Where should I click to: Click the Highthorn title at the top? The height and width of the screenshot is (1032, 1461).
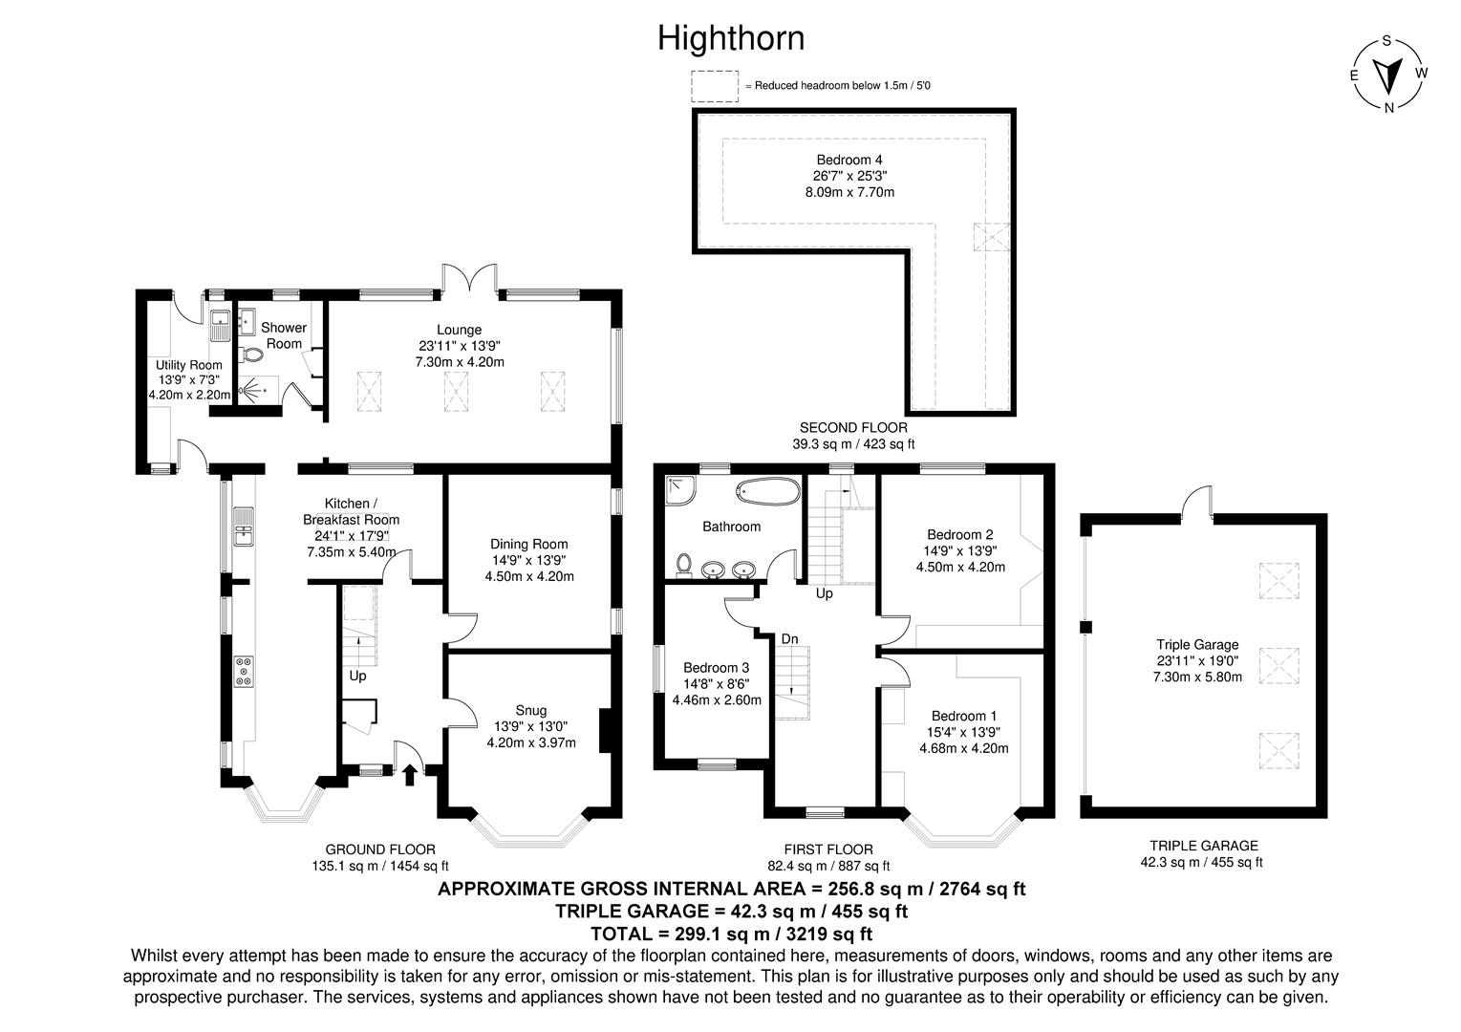point(730,38)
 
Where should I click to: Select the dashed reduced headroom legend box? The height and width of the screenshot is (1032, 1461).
point(716,86)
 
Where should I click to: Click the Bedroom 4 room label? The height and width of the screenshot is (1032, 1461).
point(844,160)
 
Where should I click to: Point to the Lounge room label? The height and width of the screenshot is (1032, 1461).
point(460,330)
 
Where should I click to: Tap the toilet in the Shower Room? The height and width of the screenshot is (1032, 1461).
point(252,355)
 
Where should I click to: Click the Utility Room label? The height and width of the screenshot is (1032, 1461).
point(189,365)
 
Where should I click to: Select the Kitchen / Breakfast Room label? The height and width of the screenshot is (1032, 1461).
point(351,511)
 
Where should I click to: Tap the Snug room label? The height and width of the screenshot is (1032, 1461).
point(531,710)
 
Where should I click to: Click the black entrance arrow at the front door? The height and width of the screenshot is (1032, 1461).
point(410,773)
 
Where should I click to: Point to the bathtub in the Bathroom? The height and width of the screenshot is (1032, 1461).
point(767,493)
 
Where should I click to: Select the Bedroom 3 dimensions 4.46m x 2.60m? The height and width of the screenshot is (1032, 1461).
point(717,699)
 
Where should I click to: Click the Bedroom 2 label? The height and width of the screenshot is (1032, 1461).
point(960,534)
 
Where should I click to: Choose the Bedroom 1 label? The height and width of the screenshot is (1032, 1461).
point(964,716)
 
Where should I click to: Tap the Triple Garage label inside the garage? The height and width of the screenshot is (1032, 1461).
point(1197,645)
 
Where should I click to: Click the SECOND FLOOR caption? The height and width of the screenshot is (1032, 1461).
point(853,428)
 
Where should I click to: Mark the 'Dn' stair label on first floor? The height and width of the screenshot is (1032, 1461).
point(790,638)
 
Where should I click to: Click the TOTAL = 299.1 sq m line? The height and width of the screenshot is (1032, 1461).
point(731,934)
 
